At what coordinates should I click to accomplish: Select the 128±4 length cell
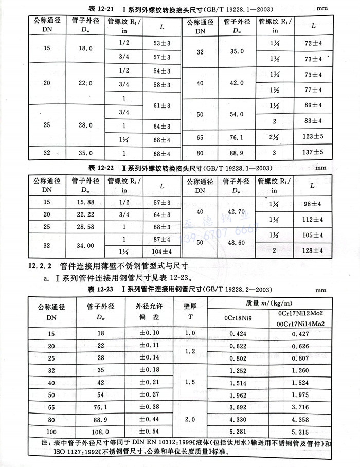click(313, 250)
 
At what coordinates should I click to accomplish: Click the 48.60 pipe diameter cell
click(235, 245)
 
